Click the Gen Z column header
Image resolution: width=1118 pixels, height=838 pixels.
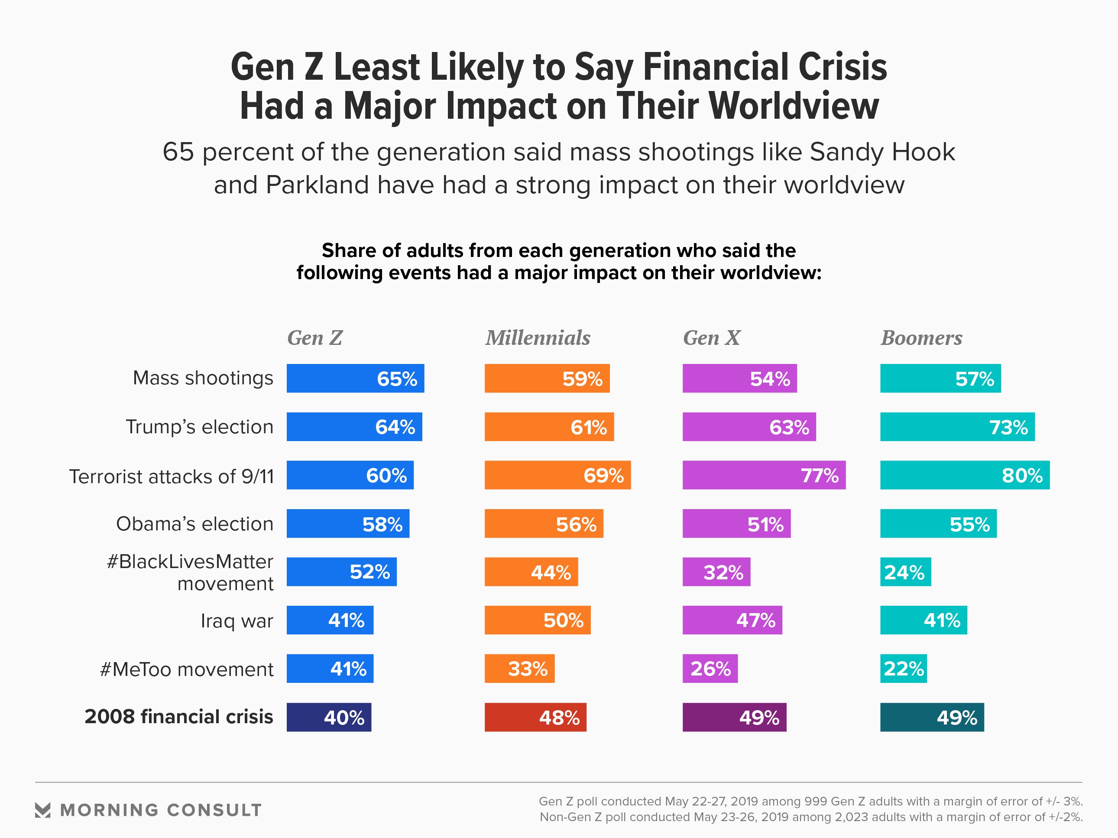[x=315, y=338]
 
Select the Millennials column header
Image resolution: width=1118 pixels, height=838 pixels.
[x=538, y=338]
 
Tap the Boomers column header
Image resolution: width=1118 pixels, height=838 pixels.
[x=921, y=338]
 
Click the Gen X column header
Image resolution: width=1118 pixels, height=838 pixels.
[x=712, y=338]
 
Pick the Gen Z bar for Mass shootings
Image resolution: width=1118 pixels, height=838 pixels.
[x=355, y=379]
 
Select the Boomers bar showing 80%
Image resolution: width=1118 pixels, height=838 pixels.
[x=964, y=475]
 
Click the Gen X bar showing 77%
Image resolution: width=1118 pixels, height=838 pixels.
[x=764, y=475]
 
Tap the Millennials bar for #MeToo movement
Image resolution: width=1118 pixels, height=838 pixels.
[x=519, y=669]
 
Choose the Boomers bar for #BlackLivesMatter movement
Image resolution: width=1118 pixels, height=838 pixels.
[x=905, y=572]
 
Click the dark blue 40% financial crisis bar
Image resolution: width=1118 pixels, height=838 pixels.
[x=329, y=717]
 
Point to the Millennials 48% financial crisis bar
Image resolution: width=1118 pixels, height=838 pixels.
[x=535, y=717]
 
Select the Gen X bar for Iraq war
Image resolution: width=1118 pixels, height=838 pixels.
[x=732, y=620]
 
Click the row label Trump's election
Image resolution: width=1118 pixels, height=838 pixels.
[x=200, y=427]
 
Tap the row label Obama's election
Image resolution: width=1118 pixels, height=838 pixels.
[x=194, y=524]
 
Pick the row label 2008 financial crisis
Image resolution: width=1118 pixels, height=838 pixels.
[x=179, y=717]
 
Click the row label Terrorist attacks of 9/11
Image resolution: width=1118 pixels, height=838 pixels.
[x=172, y=477]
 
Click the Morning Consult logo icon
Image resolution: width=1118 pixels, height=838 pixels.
[x=43, y=810]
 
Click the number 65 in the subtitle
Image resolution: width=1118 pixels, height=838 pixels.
[x=178, y=152]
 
